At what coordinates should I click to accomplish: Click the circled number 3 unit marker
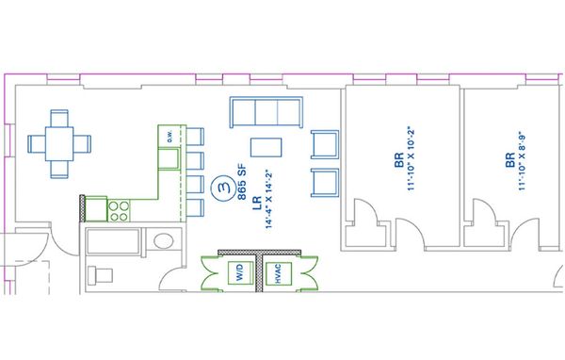pyautogui.click(x=223, y=188)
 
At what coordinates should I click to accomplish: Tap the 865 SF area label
pyautogui.click(x=242, y=182)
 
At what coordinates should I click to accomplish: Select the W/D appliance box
pyautogui.click(x=240, y=272)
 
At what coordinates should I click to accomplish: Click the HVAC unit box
pyautogui.click(x=278, y=273)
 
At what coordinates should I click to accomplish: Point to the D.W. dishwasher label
pyautogui.click(x=169, y=136)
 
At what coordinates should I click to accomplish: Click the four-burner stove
pyautogui.click(x=119, y=211)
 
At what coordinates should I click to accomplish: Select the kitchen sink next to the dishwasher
pyautogui.click(x=169, y=158)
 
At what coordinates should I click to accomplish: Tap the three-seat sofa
pyautogui.click(x=266, y=112)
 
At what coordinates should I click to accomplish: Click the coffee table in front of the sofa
pyautogui.click(x=266, y=147)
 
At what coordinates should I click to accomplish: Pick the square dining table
pyautogui.click(x=59, y=143)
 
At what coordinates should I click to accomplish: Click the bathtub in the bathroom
pyautogui.click(x=113, y=241)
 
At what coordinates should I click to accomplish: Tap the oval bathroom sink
pyautogui.click(x=164, y=241)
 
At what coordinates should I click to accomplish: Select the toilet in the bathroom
pyautogui.click(x=101, y=276)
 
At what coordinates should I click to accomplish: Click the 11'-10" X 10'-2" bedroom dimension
pyautogui.click(x=412, y=158)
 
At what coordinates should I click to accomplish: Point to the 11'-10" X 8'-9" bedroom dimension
pyautogui.click(x=522, y=161)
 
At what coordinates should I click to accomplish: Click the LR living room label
pyautogui.click(x=257, y=204)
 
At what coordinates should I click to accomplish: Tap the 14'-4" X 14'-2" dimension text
pyautogui.click(x=268, y=199)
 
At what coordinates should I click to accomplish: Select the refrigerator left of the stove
pyautogui.click(x=96, y=208)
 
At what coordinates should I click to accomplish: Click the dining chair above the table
pyautogui.click(x=59, y=119)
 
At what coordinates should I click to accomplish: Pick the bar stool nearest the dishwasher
pyautogui.click(x=195, y=137)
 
